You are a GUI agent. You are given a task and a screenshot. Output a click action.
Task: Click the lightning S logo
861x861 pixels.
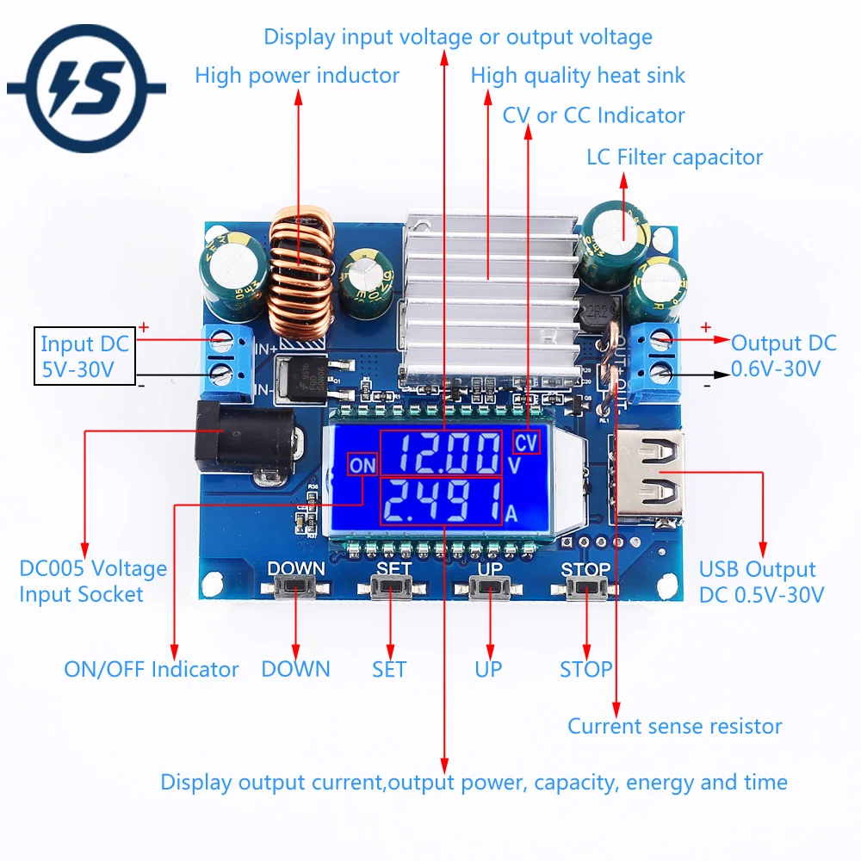[x=86, y=88]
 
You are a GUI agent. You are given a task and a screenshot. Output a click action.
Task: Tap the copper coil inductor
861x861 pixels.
[x=300, y=272]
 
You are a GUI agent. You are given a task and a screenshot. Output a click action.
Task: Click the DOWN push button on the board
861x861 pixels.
[x=295, y=588]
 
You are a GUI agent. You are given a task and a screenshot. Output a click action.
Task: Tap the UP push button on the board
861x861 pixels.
[x=489, y=588]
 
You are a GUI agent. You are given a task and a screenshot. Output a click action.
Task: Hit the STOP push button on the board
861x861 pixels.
[x=585, y=588]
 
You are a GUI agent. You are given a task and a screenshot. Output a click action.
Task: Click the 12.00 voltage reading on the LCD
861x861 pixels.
[x=442, y=453]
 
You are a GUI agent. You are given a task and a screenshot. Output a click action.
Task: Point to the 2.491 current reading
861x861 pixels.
[x=442, y=501]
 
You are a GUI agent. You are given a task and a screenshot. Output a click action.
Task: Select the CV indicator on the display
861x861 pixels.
[x=526, y=442]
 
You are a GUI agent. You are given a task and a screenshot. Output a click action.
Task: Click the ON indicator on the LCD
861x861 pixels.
[x=362, y=465]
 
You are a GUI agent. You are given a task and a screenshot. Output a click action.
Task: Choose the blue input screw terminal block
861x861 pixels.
[x=227, y=359]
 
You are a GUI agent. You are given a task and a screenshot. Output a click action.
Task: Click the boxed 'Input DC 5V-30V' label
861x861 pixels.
[x=84, y=356]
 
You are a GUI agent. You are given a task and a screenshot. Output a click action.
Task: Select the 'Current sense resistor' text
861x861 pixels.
[x=674, y=726]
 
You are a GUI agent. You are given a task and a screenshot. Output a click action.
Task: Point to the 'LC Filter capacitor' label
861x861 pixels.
[x=674, y=157]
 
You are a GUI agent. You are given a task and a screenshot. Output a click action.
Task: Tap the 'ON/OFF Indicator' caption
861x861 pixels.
[x=151, y=669]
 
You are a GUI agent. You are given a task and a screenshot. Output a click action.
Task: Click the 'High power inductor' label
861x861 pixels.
[x=297, y=75]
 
